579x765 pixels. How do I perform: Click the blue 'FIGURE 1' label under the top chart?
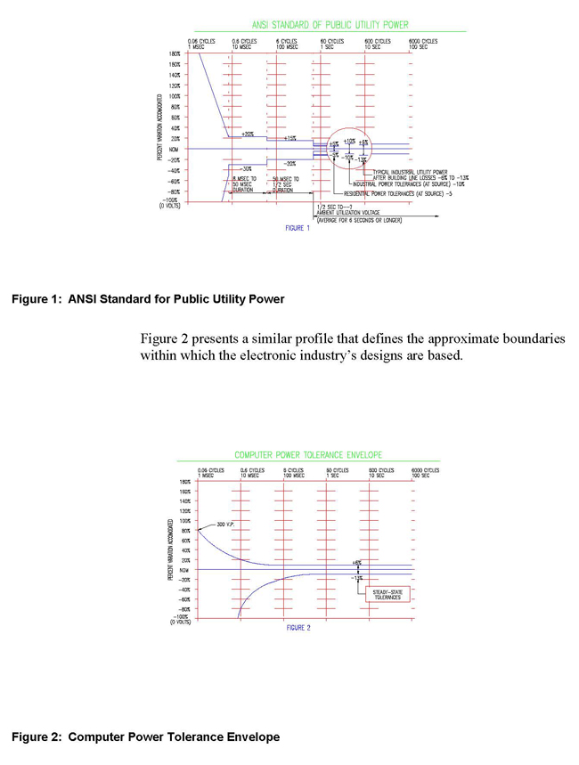pos(297,228)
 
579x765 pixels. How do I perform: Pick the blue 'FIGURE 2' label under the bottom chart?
pos(298,628)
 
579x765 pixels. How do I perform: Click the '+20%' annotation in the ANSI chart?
pos(247,134)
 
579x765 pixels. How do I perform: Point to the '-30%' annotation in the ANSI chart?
pos(247,167)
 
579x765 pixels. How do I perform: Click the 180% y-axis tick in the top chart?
pos(174,54)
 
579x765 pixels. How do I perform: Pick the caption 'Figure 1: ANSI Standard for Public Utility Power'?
pos(148,299)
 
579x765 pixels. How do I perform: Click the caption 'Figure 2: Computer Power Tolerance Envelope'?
pos(145,737)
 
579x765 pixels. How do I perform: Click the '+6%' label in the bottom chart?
pos(356,563)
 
